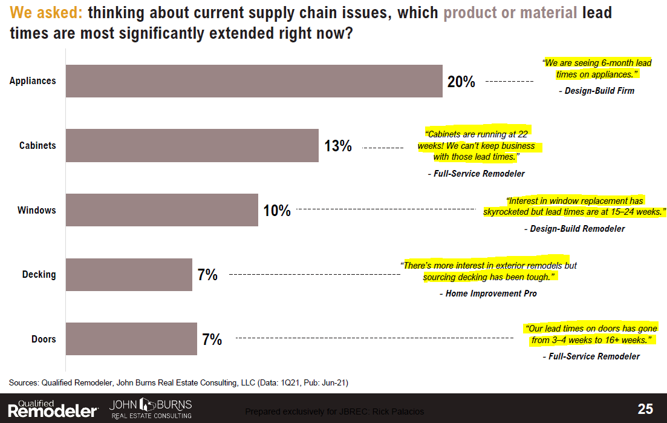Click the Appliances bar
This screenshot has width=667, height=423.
(x=254, y=81)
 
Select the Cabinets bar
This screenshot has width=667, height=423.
(x=192, y=145)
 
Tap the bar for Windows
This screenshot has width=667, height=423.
(x=162, y=210)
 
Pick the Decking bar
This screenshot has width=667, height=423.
(x=129, y=275)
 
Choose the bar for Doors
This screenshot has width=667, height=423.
(x=131, y=339)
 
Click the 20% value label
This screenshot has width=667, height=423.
(x=461, y=82)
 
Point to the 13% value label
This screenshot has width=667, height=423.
(x=338, y=146)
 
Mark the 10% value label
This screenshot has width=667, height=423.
(x=277, y=211)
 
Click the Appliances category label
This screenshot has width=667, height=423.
(x=33, y=81)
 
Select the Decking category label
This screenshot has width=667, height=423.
(x=39, y=275)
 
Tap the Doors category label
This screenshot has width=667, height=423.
(x=44, y=339)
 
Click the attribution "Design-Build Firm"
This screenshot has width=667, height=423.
(x=596, y=91)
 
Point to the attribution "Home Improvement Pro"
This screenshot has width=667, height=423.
(x=488, y=293)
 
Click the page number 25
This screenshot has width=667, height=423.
(x=645, y=409)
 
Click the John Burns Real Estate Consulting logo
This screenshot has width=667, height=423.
(x=151, y=408)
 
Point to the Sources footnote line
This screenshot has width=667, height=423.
(x=178, y=382)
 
